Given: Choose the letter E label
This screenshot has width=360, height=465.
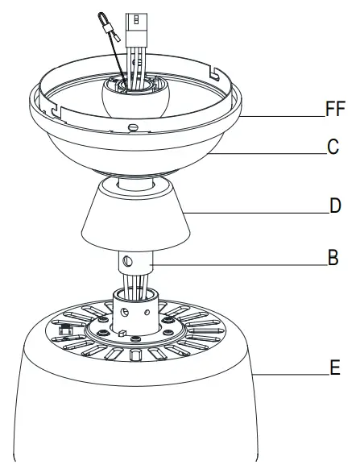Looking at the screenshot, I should (334, 372).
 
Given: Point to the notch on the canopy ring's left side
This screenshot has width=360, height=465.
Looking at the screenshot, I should (53, 106).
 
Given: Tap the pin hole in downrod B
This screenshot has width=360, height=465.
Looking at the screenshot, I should (127, 261).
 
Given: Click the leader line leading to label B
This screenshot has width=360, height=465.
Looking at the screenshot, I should (242, 265).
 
